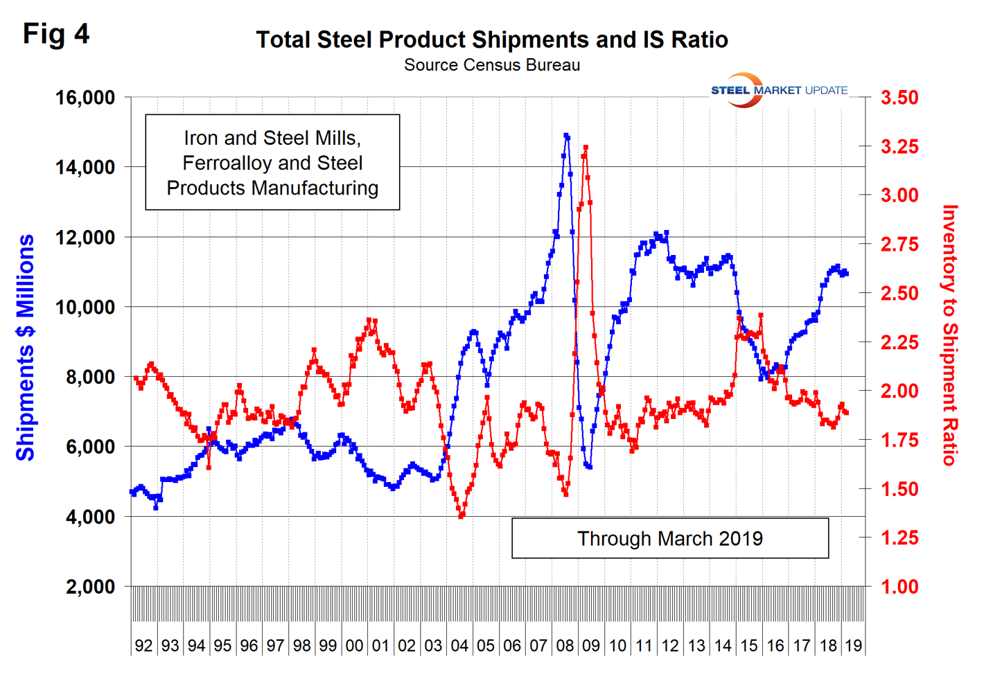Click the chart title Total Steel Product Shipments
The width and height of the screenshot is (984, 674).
click(x=492, y=39)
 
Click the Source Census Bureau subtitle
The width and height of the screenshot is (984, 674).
click(x=492, y=65)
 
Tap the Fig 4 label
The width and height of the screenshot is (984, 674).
click(x=56, y=33)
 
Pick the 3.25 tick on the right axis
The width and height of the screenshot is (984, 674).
click(x=899, y=147)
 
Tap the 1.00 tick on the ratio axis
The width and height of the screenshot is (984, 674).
click(x=899, y=587)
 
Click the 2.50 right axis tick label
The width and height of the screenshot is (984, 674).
click(x=899, y=294)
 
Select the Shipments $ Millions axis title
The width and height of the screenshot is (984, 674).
click(x=26, y=347)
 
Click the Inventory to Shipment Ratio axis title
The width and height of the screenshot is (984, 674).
click(x=950, y=335)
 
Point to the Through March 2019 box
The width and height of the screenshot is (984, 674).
click(x=669, y=538)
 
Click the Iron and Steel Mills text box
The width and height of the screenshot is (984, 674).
click(x=272, y=163)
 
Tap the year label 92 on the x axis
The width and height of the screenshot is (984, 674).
click(x=143, y=646)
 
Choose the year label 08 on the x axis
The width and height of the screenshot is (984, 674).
click(x=565, y=646)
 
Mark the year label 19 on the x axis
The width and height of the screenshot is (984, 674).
click(x=853, y=646)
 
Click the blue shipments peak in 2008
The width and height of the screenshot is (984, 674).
click(x=566, y=136)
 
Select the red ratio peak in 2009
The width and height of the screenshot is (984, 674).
click(x=586, y=148)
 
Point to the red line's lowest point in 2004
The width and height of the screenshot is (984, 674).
click(x=462, y=516)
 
